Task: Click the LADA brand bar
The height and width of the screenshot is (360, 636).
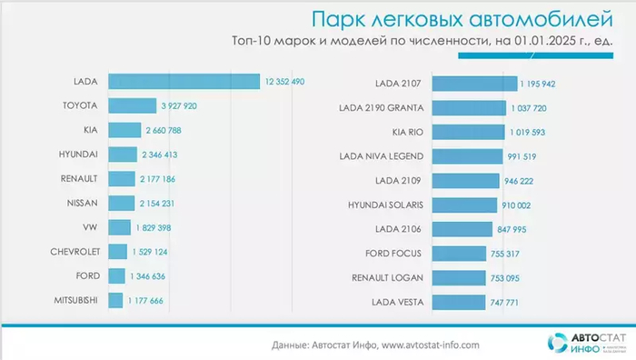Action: point(184,82)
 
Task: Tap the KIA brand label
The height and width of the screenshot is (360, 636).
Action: point(89,130)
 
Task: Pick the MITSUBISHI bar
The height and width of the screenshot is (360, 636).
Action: point(115,300)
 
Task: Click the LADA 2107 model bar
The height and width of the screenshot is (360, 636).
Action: point(473,84)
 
